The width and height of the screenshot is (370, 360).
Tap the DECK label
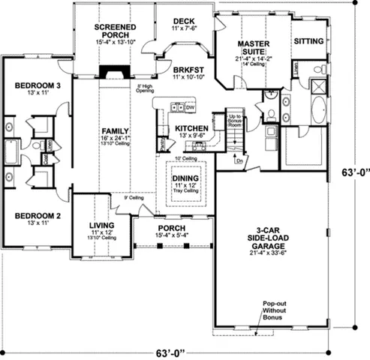click(184, 21)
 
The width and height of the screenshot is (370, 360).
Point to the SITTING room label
click(308, 40)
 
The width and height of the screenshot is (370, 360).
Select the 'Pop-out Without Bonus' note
click(272, 310)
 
